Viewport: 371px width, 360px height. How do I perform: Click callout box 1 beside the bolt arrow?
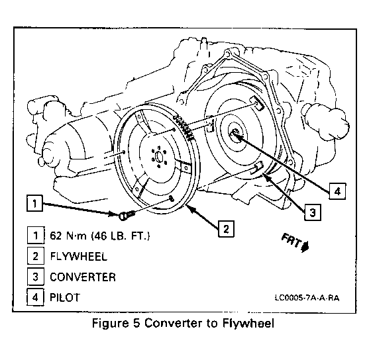pyautogui.click(x=34, y=203)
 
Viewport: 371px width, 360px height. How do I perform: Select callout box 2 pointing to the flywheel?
pyautogui.click(x=226, y=228)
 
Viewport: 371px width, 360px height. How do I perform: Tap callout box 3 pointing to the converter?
pyautogui.click(x=313, y=212)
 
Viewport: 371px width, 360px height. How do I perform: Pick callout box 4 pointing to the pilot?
pyautogui.click(x=337, y=191)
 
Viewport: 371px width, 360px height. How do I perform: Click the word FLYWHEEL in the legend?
pyautogui.click(x=79, y=256)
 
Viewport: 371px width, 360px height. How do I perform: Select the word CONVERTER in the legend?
pyautogui.click(x=83, y=277)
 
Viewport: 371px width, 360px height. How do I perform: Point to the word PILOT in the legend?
pyautogui.click(x=65, y=297)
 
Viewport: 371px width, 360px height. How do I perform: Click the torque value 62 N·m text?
pyautogui.click(x=68, y=236)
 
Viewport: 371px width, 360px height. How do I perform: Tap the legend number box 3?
pyautogui.click(x=36, y=277)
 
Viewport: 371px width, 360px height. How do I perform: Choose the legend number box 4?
pyautogui.click(x=36, y=297)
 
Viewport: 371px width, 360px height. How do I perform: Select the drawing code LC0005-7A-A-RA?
pyautogui.click(x=307, y=298)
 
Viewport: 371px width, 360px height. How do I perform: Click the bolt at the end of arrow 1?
pyautogui.click(x=127, y=215)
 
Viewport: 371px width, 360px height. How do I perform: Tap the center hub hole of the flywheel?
pyautogui.click(x=159, y=156)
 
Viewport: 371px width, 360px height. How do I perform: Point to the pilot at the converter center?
pyautogui.click(x=235, y=134)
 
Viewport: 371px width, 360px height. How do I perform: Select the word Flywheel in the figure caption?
pyautogui.click(x=248, y=324)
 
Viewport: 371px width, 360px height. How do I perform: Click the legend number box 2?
pyautogui.click(x=36, y=255)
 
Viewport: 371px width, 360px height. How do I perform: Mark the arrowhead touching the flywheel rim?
pyautogui.click(x=190, y=208)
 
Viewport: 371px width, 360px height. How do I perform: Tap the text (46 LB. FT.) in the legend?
pyautogui.click(x=121, y=236)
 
